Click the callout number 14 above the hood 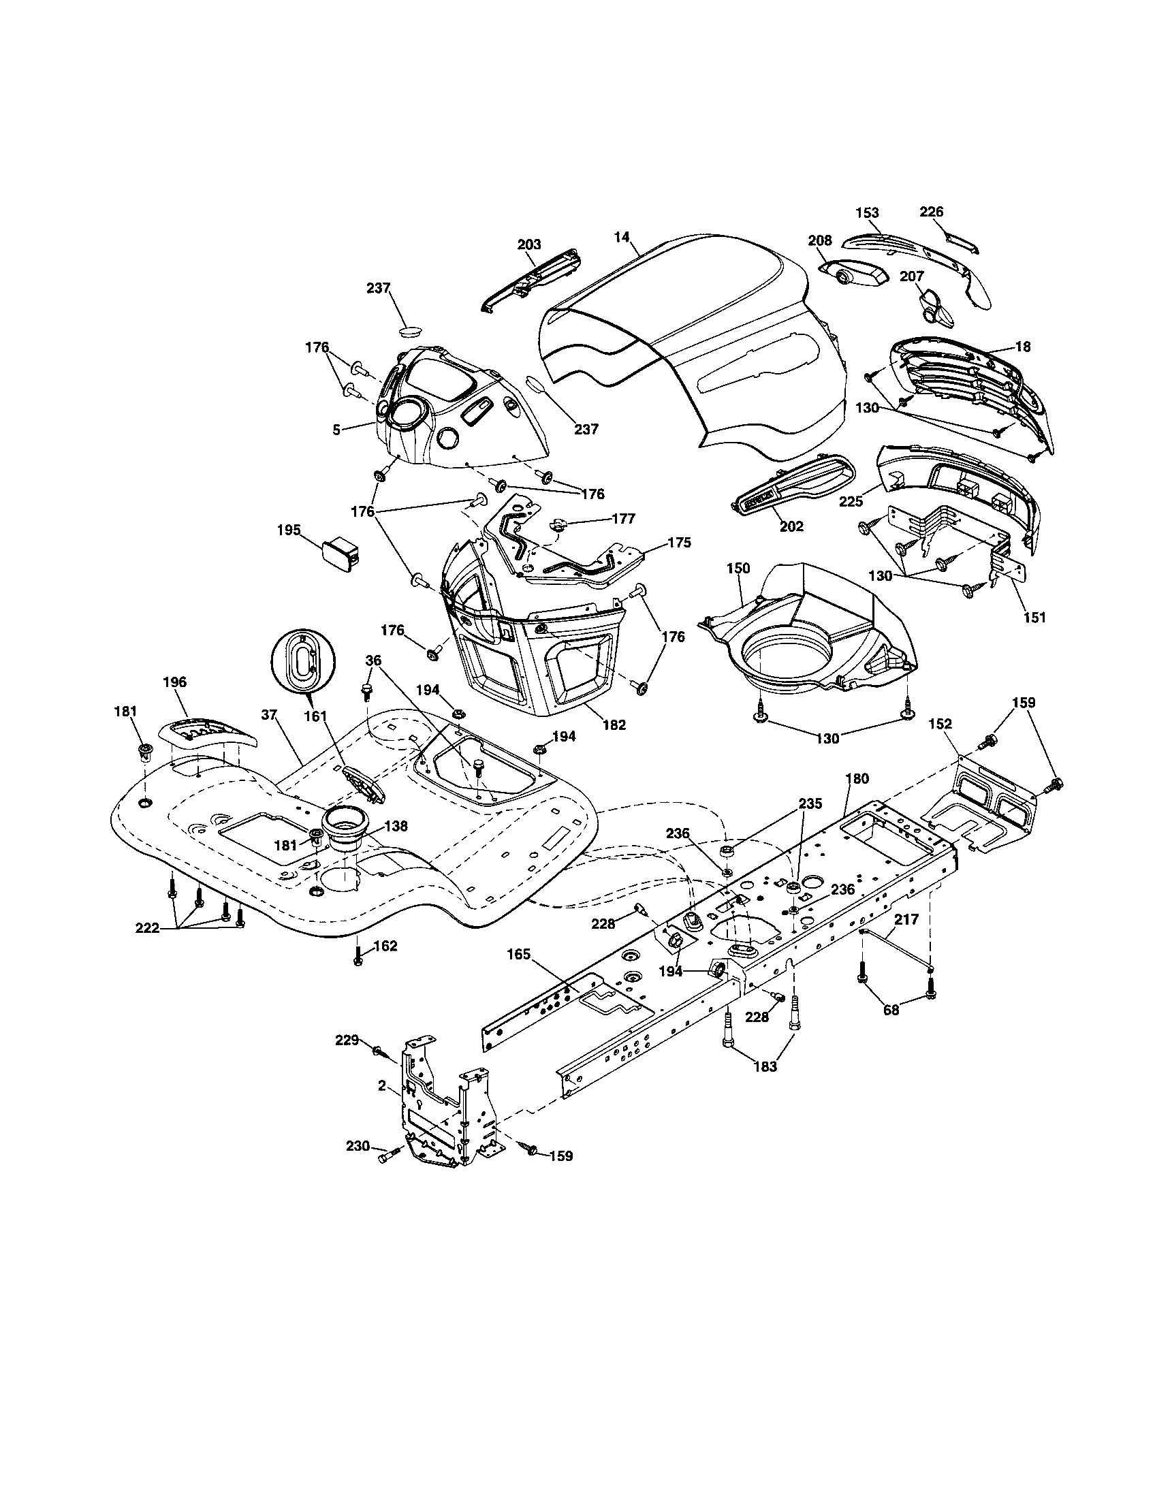pos(621,238)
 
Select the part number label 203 pos(528,244)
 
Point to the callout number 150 pos(738,568)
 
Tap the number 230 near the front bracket pos(358,1146)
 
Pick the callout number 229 pos(347,1040)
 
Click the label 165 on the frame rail pos(519,954)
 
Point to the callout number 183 pos(765,1066)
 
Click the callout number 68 pos(891,1010)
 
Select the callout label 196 pos(174,682)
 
